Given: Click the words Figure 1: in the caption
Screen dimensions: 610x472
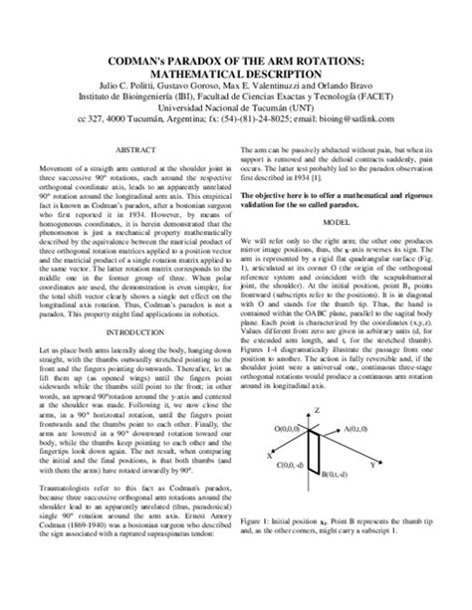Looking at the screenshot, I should coord(261,548).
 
